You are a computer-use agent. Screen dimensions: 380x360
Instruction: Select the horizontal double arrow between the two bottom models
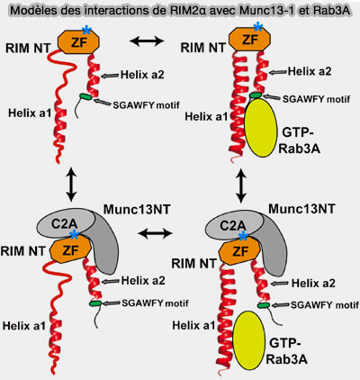pos(154,233)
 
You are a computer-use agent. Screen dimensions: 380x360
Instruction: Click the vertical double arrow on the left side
pos(71,185)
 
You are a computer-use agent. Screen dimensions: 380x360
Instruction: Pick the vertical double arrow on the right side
pos(241,185)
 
